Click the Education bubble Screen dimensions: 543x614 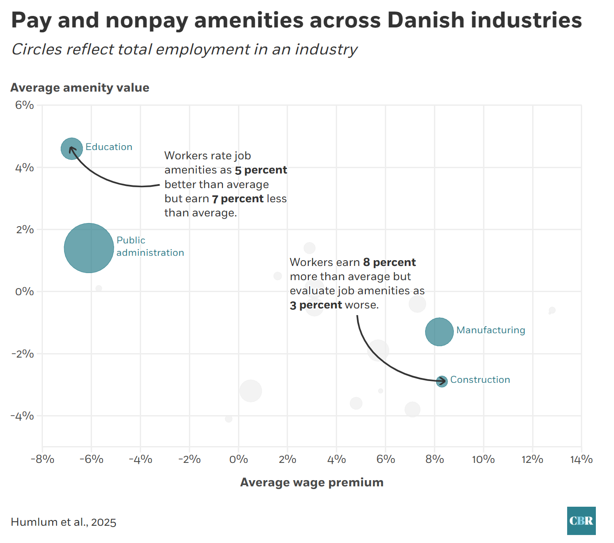[x=72, y=149]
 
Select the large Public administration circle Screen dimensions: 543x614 [x=89, y=248]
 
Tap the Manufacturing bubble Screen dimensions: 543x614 [x=439, y=332]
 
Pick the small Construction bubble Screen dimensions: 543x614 [x=442, y=381]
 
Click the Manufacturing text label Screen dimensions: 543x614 [x=491, y=330]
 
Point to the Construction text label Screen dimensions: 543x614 [x=480, y=380]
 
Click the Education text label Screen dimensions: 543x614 [x=109, y=147]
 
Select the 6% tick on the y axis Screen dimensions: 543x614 [x=25, y=105]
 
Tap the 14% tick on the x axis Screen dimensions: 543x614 [x=581, y=459]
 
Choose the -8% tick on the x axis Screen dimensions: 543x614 [x=42, y=459]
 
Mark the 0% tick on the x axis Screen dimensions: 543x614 [x=238, y=459]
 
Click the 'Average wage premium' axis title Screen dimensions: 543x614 [x=312, y=482]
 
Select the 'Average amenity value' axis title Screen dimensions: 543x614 [x=80, y=88]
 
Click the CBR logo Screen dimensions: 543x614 [x=581, y=521]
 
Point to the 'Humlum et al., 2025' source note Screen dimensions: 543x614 [x=64, y=522]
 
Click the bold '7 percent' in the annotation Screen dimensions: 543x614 [x=238, y=199]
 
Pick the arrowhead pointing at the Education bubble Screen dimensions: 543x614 [x=71, y=149]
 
